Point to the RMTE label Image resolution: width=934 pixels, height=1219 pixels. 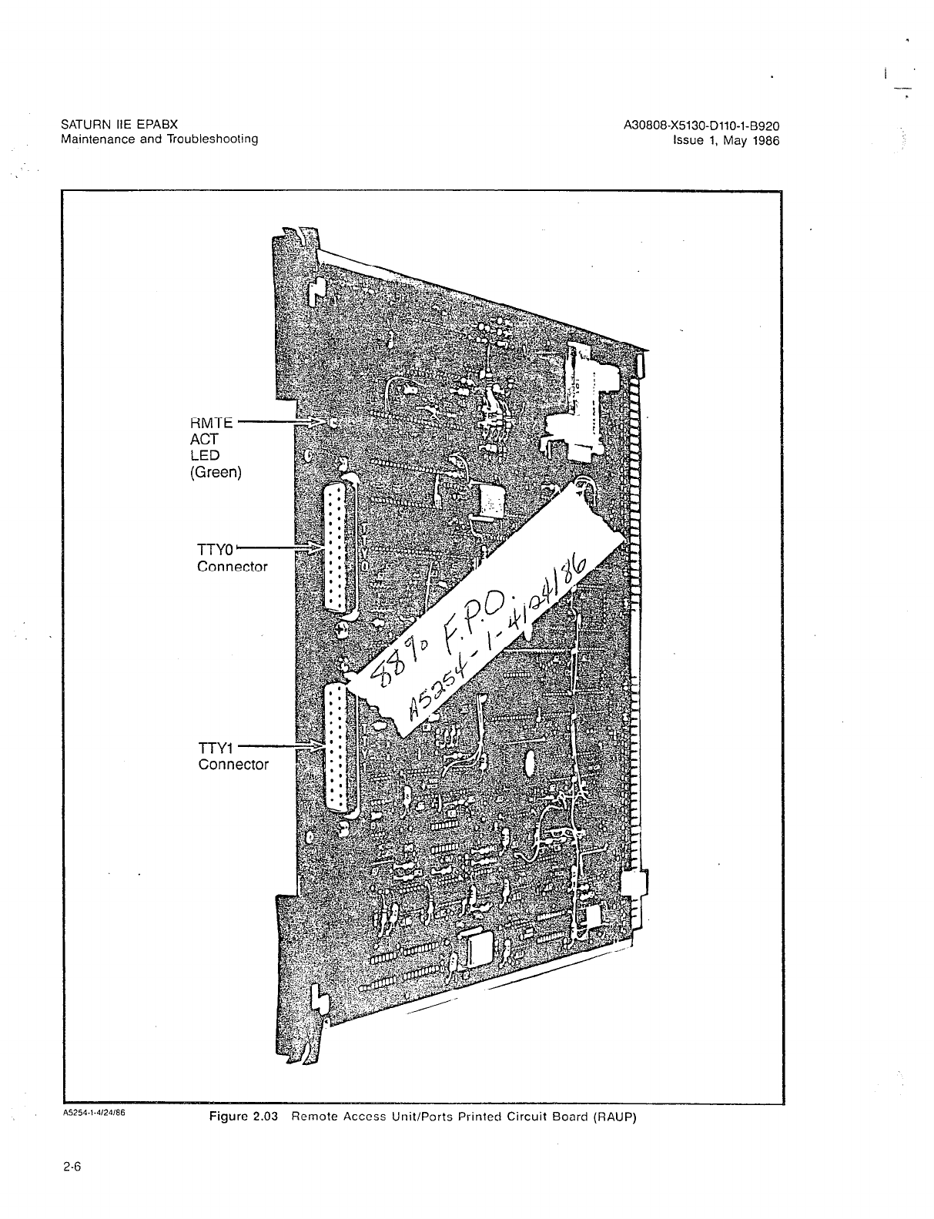[212, 423]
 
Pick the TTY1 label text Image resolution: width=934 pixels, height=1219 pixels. [216, 748]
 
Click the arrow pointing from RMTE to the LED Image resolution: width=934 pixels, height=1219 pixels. [281, 422]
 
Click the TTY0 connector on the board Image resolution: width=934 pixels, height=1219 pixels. [340, 548]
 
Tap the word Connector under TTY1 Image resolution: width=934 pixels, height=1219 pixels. [233, 765]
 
